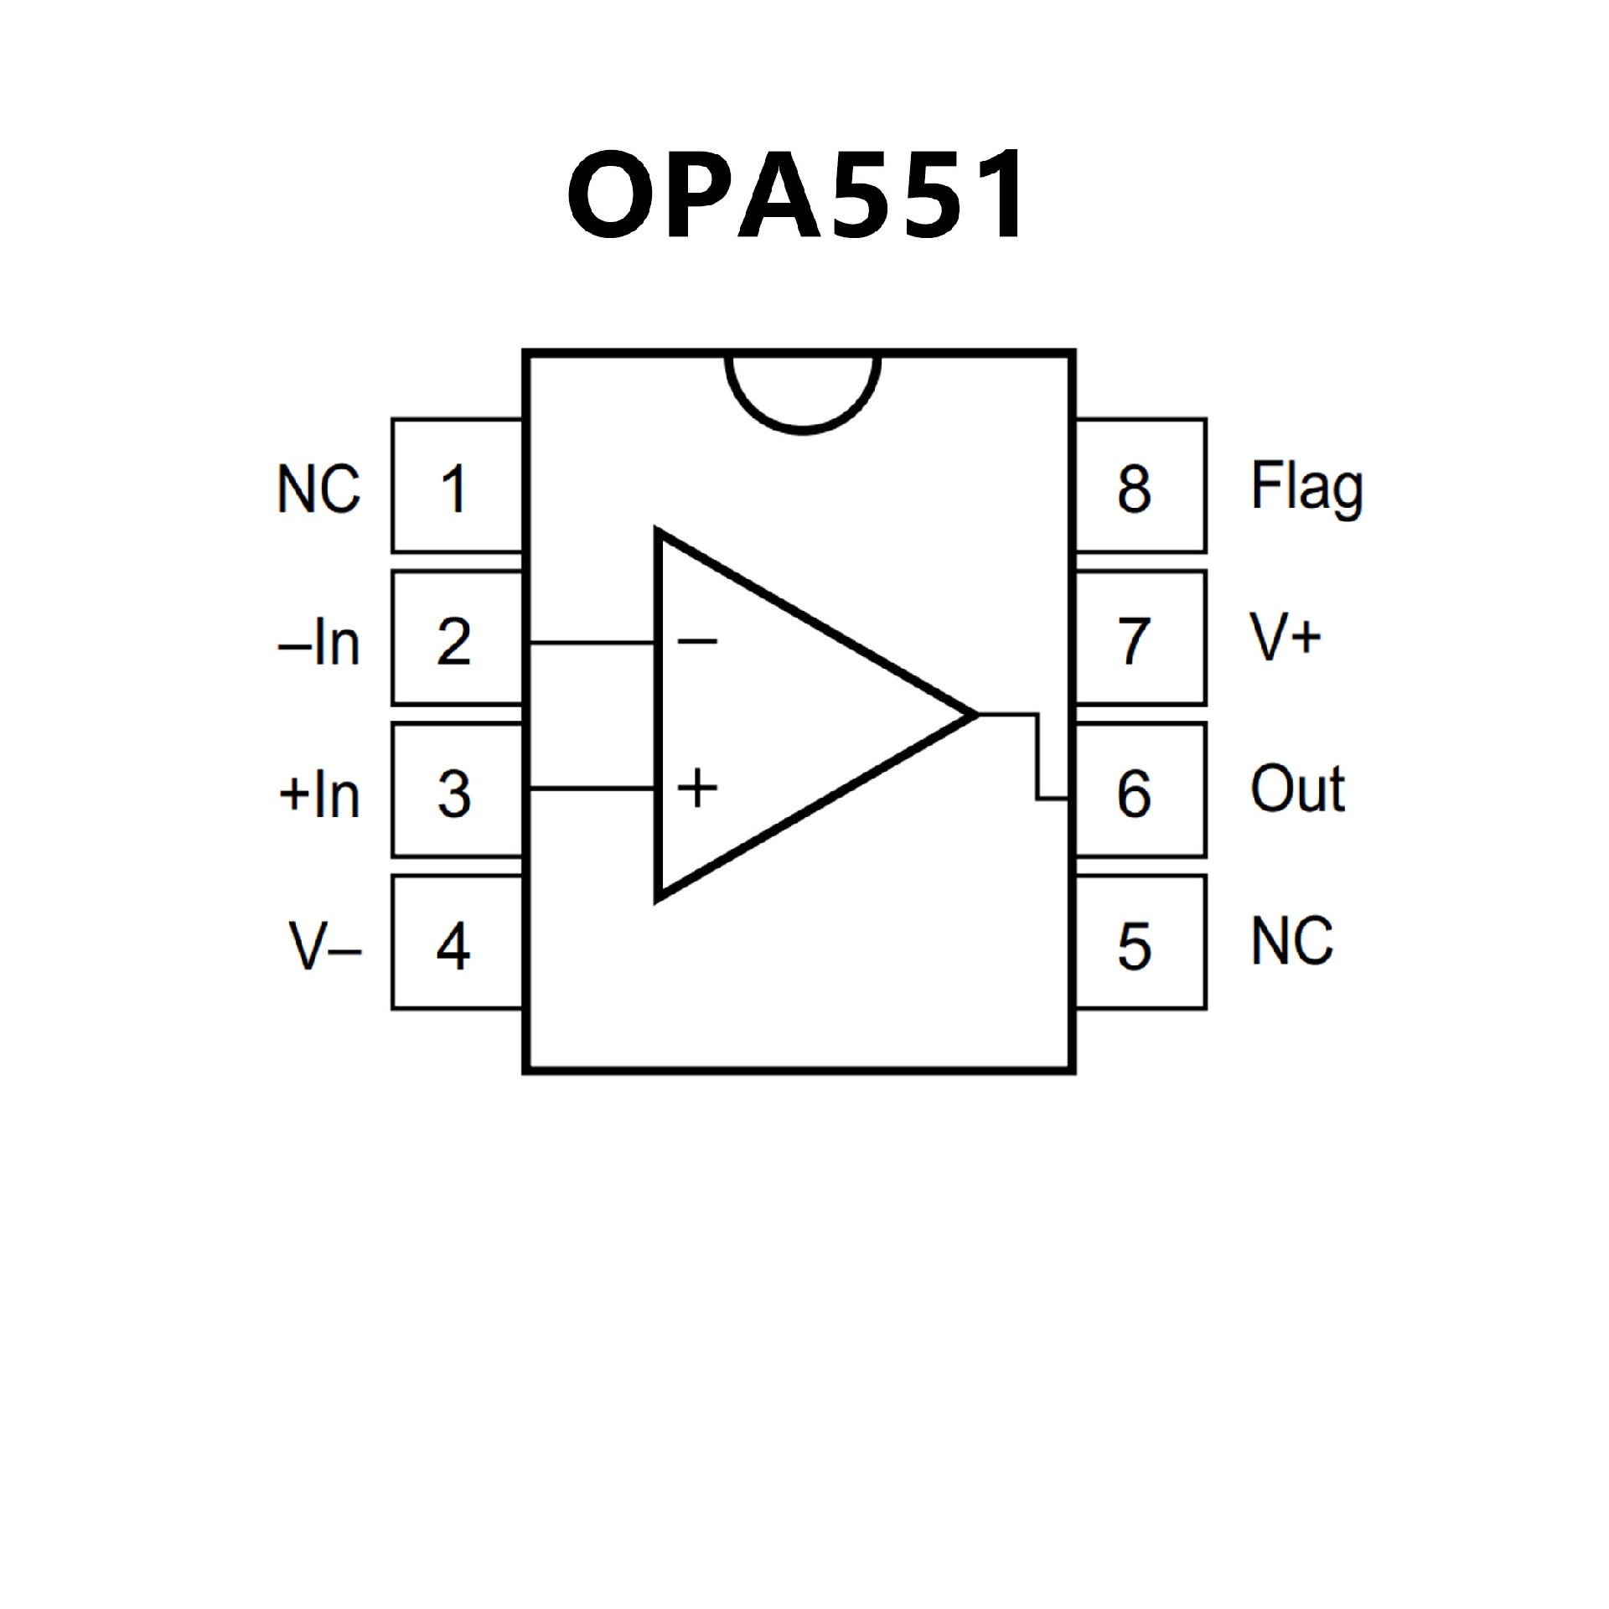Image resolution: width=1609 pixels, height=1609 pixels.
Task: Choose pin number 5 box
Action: pyautogui.click(x=1140, y=943)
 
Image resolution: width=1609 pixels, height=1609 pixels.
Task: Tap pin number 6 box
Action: pyautogui.click(x=1140, y=790)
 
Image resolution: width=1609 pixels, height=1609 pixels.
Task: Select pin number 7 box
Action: pyautogui.click(x=1140, y=639)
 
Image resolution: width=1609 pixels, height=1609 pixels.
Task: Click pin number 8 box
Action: pyautogui.click(x=1140, y=486)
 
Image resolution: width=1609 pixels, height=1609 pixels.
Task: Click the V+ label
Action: pyautogui.click(x=1286, y=639)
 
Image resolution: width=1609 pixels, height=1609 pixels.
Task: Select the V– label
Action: pyautogui.click(x=325, y=944)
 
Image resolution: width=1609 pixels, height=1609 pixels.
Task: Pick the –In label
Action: pyautogui.click(x=319, y=642)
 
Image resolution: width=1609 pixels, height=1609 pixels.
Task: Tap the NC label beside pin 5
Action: pyautogui.click(x=1291, y=941)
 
